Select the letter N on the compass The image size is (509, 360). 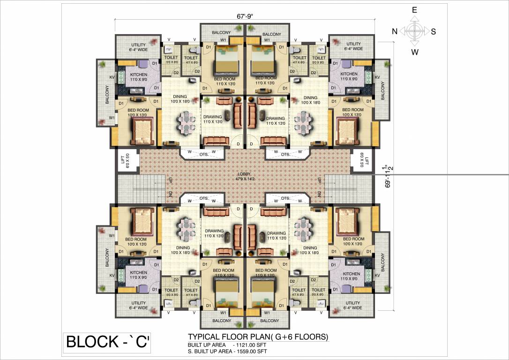[x=395, y=31]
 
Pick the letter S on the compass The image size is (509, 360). [x=434, y=32]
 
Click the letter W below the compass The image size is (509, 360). [x=415, y=52]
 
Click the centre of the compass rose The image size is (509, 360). [x=414, y=31]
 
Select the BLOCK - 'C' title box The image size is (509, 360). [x=107, y=342]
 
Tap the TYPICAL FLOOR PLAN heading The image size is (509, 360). [x=258, y=337]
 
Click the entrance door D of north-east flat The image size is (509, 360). [x=238, y=144]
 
